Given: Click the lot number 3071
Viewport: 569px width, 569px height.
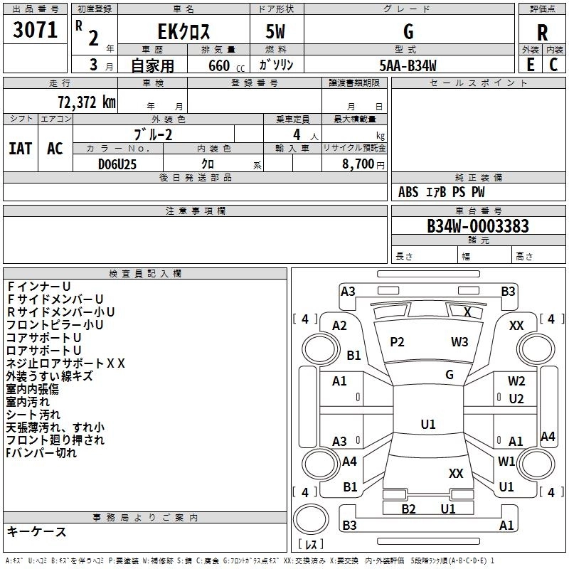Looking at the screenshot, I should point(36,30).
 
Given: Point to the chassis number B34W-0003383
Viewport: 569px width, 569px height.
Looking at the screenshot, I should point(478,226).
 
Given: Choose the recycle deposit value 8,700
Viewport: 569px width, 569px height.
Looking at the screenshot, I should point(359,164).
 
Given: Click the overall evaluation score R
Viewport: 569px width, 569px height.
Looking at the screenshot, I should point(542,32).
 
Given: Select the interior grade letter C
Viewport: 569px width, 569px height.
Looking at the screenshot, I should point(553,65).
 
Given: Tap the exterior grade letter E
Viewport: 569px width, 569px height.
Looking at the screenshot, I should point(530,65).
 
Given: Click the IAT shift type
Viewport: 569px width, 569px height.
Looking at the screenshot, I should point(20,148).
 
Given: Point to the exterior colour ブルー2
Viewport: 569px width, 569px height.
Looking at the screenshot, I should point(153,134).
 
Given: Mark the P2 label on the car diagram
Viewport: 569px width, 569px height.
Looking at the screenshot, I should point(397,342).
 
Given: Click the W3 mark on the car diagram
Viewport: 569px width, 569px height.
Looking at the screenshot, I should point(459,342).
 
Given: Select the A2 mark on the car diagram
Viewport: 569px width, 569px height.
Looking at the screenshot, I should point(340,325).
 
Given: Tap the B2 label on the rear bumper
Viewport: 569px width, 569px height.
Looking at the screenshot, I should point(408,509).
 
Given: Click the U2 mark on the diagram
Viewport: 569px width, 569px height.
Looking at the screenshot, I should point(516,399).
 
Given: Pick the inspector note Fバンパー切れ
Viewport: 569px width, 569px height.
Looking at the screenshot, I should point(41,452).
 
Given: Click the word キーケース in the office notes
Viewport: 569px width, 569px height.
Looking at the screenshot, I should point(37,531).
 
